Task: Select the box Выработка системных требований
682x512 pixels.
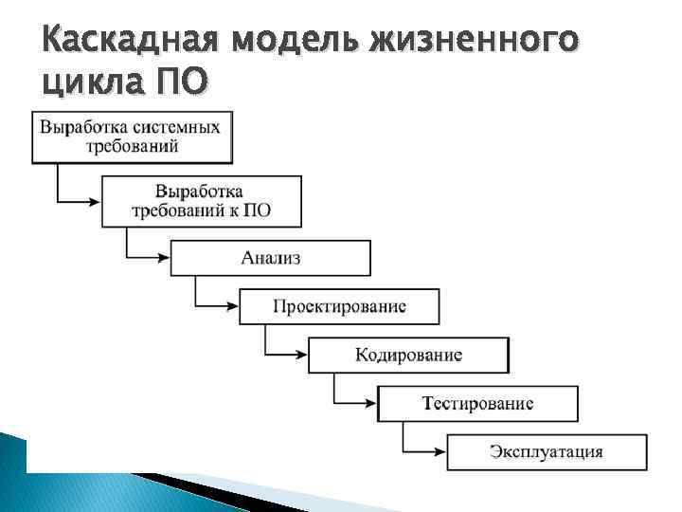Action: (x=132, y=137)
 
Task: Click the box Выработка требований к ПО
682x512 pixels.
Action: (x=201, y=200)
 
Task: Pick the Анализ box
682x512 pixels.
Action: (x=270, y=258)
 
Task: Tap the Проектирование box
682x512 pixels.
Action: (x=339, y=306)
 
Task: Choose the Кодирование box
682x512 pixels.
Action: (x=408, y=355)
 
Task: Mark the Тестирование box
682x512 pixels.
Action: (x=477, y=403)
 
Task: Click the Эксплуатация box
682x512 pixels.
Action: (x=547, y=451)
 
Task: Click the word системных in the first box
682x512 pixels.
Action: (x=179, y=127)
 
